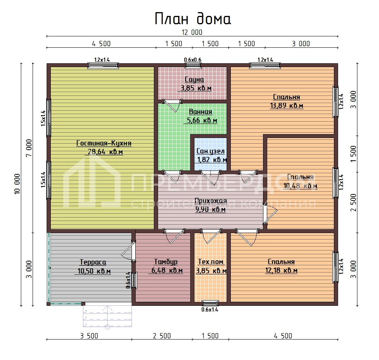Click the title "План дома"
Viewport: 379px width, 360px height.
click(x=193, y=19)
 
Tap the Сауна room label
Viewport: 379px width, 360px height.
click(x=194, y=80)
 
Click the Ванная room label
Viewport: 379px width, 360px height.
click(x=200, y=112)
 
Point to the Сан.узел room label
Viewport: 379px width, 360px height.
click(x=210, y=151)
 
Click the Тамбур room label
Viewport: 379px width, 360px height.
click(x=166, y=262)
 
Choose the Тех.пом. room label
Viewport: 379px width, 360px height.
click(x=211, y=262)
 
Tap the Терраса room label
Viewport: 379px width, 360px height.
click(x=93, y=262)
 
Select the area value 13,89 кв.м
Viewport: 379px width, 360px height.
click(x=287, y=106)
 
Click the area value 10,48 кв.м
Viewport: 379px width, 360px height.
click(x=300, y=186)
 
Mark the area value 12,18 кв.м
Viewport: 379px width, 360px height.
click(x=281, y=270)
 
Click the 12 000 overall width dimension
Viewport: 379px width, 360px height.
click(x=192, y=32)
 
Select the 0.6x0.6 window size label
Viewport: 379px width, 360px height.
click(x=193, y=59)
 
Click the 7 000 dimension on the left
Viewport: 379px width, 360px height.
click(x=29, y=148)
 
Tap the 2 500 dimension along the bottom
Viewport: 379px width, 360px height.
click(x=162, y=336)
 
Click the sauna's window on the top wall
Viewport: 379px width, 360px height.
click(x=193, y=65)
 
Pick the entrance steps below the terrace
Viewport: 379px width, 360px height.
click(x=107, y=316)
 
